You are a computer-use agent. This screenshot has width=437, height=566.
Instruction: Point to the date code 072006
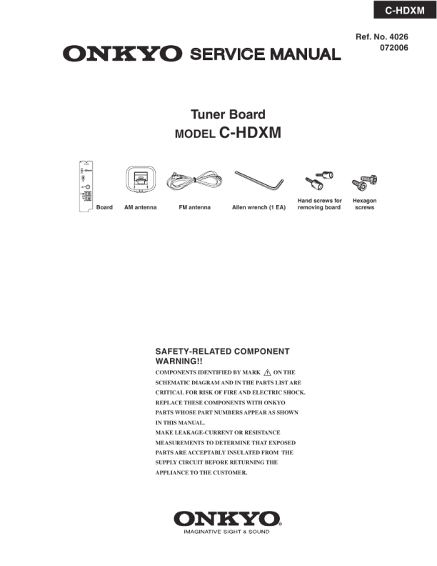[392, 49]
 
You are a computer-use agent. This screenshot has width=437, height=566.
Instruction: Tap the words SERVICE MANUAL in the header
[265, 54]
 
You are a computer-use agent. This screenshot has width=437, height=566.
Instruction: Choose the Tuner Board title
[228, 114]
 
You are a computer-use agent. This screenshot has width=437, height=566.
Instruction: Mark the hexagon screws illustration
[364, 183]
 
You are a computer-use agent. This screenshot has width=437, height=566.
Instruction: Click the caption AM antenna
[141, 208]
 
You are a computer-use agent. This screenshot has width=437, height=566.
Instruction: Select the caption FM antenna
[194, 208]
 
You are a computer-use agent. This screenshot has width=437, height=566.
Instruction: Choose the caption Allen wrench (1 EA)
[258, 208]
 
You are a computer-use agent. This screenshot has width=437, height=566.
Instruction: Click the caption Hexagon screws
[365, 204]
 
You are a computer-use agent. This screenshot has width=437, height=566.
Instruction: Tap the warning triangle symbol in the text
[268, 372]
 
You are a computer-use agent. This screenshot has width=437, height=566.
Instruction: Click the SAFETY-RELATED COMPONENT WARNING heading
[222, 357]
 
